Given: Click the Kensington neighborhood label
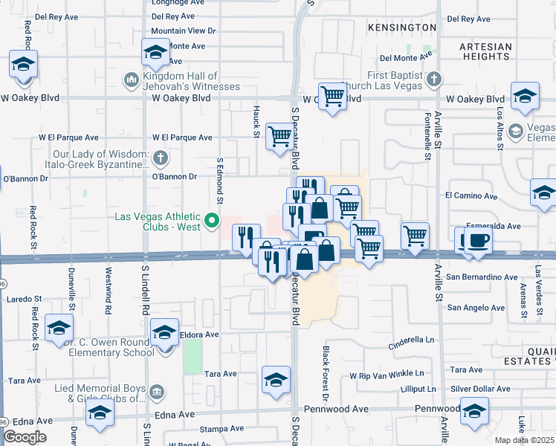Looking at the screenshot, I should [x=401, y=28].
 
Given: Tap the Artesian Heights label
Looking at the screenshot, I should [x=485, y=51].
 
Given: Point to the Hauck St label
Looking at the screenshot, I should [x=256, y=122].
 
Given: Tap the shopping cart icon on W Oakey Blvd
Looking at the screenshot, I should [x=333, y=95].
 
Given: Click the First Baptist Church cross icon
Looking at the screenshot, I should [x=433, y=79].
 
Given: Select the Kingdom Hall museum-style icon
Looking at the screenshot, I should [x=131, y=79].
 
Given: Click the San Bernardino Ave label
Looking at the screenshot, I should [x=481, y=277].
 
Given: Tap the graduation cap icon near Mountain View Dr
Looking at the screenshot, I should [x=155, y=53].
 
